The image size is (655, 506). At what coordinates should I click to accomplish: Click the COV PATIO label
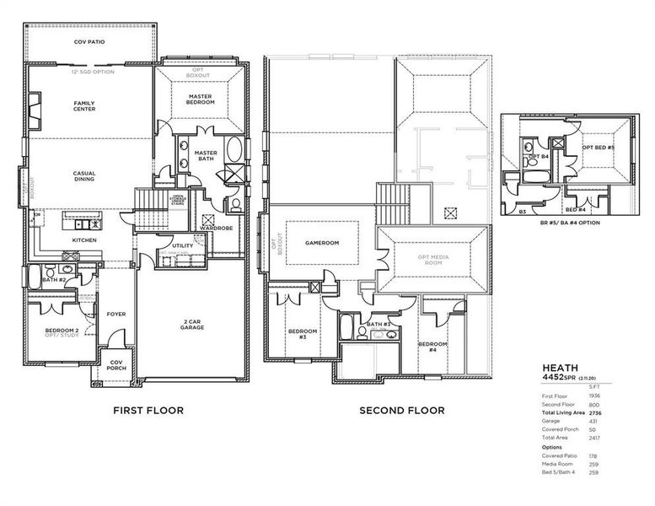(x=89, y=40)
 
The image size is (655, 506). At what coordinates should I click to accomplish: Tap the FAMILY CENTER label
(x=84, y=105)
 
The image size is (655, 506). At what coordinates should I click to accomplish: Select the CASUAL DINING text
(x=84, y=176)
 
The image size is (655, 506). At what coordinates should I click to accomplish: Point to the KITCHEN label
(x=84, y=240)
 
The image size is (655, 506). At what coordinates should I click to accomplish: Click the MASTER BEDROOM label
(x=201, y=99)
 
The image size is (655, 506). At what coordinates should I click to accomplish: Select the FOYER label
(x=116, y=314)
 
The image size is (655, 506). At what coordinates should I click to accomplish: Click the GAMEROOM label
(x=321, y=243)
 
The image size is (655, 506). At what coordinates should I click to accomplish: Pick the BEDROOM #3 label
(x=303, y=334)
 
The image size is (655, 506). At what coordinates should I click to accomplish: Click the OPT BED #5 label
(x=599, y=147)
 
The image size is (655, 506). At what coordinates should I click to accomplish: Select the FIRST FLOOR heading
(x=148, y=411)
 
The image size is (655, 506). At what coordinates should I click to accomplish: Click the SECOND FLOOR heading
(x=402, y=411)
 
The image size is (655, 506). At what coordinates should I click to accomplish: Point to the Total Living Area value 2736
(x=595, y=412)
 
